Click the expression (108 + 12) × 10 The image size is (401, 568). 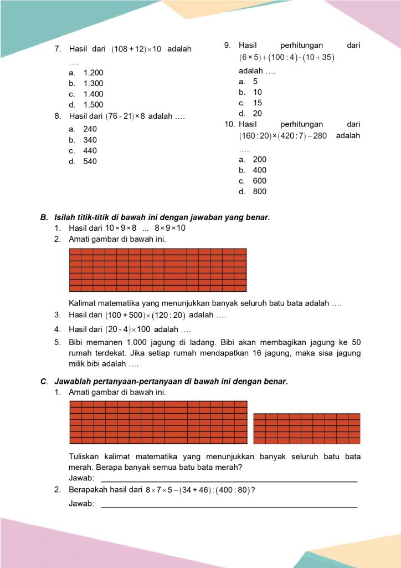point(136,49)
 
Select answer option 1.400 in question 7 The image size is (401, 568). point(93,94)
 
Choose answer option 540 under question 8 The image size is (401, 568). point(90,161)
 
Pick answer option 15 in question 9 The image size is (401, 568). point(258,103)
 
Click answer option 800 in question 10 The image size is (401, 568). point(259,191)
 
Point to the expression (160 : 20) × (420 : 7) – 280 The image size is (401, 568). point(282,136)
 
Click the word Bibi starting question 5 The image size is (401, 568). point(78,342)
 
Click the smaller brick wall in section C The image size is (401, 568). point(307,428)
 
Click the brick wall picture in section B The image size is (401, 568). point(158,270)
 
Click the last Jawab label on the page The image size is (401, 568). point(81,504)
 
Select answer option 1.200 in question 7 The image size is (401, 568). point(93,73)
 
